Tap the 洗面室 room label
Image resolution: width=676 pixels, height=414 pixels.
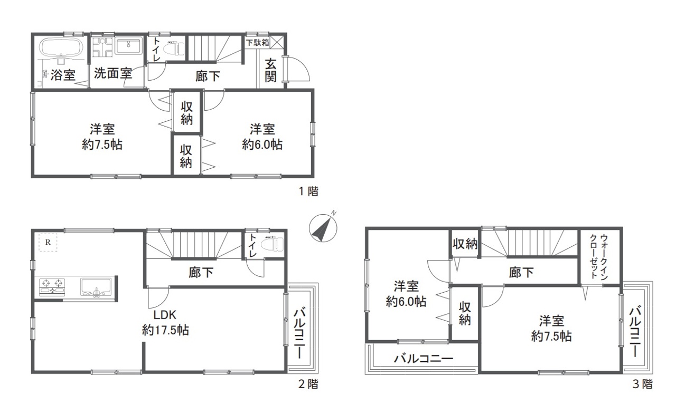pyautogui.click(x=113, y=73)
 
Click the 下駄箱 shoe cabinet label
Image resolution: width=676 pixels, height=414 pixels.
pyautogui.click(x=257, y=43)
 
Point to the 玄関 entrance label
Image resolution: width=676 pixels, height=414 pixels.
pyautogui.click(x=271, y=71)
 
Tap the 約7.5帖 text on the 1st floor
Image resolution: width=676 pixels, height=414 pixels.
pyautogui.click(x=102, y=145)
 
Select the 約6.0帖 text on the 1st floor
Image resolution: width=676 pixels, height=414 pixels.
pyautogui.click(x=262, y=145)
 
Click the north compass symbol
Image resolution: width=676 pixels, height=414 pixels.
pyautogui.click(x=323, y=227)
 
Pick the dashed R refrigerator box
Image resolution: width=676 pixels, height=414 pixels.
pyautogui.click(x=48, y=242)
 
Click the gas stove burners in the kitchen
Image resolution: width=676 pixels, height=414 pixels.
pyautogui.click(x=52, y=286)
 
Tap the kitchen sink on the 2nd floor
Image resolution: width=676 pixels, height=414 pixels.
pyautogui.click(x=96, y=287)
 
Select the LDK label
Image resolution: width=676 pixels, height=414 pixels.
pyautogui.click(x=165, y=315)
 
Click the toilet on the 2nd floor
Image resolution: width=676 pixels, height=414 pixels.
pyautogui.click(x=272, y=244)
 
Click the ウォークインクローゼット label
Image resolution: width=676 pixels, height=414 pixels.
pyautogui.click(x=599, y=257)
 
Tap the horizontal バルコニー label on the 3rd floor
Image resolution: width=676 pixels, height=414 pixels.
pyautogui.click(x=424, y=359)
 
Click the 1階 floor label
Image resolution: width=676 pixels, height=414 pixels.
pyautogui.click(x=309, y=191)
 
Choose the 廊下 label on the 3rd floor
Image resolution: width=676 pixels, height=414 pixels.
pyautogui.click(x=521, y=272)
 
